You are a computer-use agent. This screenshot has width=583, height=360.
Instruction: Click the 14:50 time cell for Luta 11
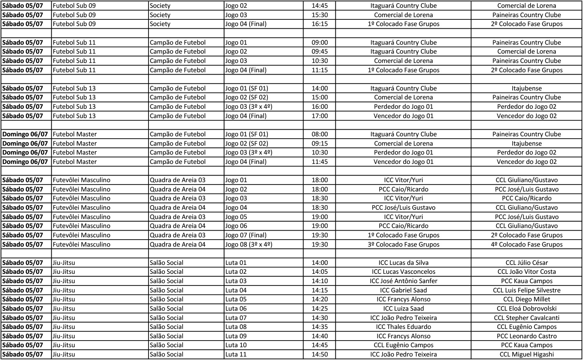coord(319,354)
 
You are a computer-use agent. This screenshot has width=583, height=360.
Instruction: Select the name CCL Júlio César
coord(527,263)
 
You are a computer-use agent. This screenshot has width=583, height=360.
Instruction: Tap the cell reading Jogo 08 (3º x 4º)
coord(249,244)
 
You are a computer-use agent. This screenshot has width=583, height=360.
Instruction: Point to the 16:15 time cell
coord(319,24)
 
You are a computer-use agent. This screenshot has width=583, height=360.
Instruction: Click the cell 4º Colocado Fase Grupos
coord(527,244)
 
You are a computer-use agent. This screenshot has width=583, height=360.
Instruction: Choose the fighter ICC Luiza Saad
coord(403,308)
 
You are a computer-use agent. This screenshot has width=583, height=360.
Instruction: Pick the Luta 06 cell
coord(236,308)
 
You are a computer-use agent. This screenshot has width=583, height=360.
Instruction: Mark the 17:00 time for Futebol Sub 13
coord(319,116)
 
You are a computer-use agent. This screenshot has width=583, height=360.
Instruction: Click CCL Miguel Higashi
coord(527,354)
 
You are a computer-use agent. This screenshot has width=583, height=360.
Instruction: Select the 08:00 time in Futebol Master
coord(319,134)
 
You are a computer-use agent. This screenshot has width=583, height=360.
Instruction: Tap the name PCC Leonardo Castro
coord(527,336)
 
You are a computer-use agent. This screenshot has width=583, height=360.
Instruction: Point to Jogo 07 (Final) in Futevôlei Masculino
coord(246,235)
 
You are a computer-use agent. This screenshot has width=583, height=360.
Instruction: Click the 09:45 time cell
coord(319,51)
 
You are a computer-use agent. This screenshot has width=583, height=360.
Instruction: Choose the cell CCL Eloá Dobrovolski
coord(527,308)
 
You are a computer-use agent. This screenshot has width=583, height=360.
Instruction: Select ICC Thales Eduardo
coord(403,327)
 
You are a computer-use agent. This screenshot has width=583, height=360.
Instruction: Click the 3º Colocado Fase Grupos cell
coord(403,244)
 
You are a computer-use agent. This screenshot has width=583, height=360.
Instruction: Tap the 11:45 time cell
coord(319,162)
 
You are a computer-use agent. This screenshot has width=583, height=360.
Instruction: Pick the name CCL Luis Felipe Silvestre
coord(527,290)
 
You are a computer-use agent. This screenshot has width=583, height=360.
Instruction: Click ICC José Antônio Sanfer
coord(403,281)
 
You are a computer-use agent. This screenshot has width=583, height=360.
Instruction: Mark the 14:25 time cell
coord(319,308)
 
